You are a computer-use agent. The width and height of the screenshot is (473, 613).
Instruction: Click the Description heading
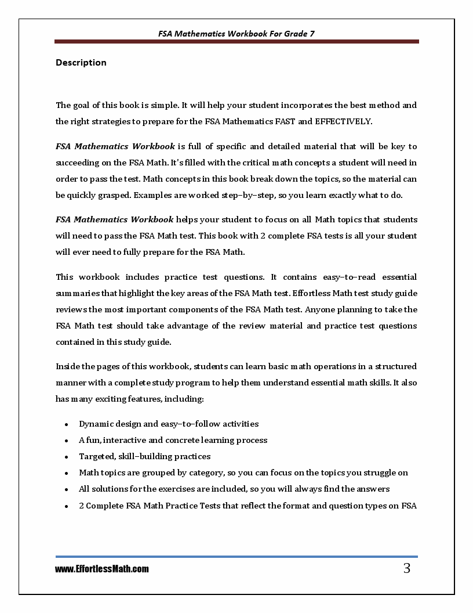[81, 63]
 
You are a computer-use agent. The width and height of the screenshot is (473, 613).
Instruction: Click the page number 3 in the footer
[406, 568]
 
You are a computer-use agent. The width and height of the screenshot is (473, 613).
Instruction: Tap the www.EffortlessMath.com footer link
[102, 569]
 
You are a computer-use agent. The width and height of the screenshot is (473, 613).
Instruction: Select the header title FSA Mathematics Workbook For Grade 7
[237, 34]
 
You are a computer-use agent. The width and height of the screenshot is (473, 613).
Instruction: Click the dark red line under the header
[237, 42]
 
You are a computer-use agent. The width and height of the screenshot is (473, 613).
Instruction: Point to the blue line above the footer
[237, 557]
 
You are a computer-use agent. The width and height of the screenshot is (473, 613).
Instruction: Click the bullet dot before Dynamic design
[67, 424]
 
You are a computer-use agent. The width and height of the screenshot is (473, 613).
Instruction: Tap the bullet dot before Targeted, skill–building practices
[67, 457]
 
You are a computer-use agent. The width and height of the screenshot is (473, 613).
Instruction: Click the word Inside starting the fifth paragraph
[68, 366]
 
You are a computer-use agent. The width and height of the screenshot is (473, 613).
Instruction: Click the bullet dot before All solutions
[67, 489]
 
